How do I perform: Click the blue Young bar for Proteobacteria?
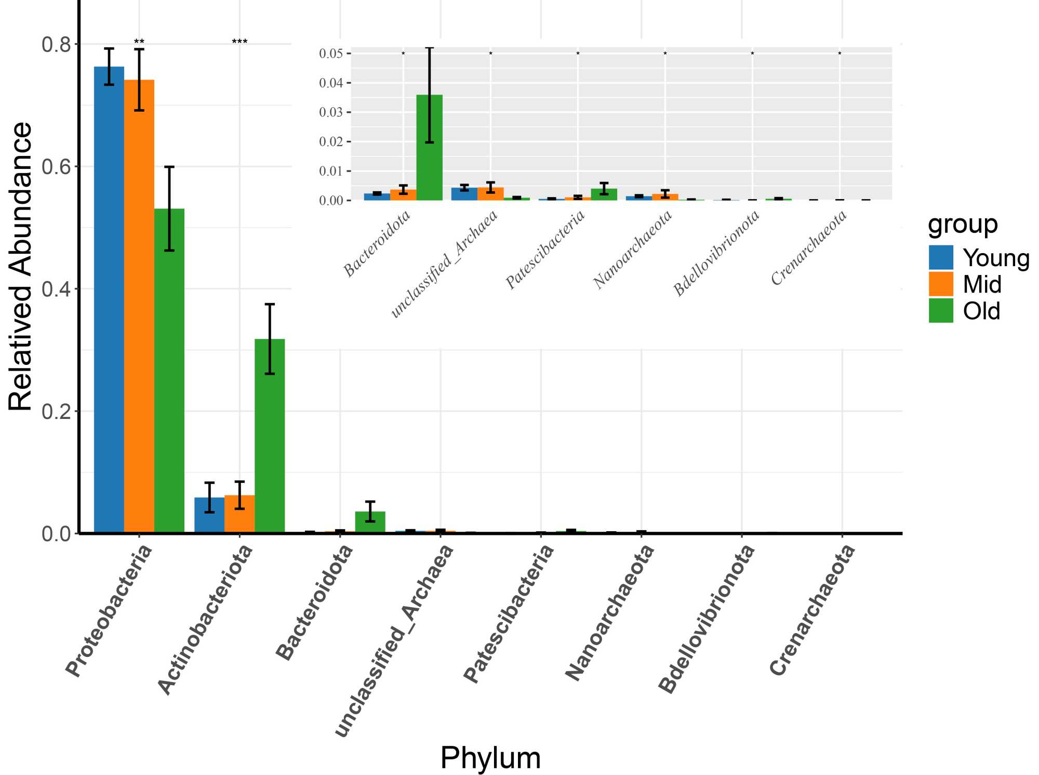pyautogui.click(x=109, y=299)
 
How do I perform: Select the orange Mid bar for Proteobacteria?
pyautogui.click(x=139, y=306)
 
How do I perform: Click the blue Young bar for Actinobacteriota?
pyautogui.click(x=209, y=515)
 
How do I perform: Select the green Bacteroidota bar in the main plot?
pyautogui.click(x=370, y=522)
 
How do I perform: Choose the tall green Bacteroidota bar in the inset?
pyautogui.click(x=430, y=148)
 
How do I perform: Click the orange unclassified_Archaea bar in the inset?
pyautogui.click(x=490, y=193)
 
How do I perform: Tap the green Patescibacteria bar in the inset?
pyautogui.click(x=604, y=194)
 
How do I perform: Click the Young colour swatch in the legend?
pyautogui.click(x=941, y=258)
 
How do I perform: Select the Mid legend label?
pyautogui.click(x=982, y=285)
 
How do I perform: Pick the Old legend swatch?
pyautogui.click(x=941, y=311)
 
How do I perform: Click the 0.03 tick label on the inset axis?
pyautogui.click(x=331, y=112)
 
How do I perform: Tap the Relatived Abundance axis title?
pyautogui.click(x=21, y=266)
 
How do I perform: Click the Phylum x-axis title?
pyautogui.click(x=490, y=757)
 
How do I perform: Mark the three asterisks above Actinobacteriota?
pyautogui.click(x=239, y=42)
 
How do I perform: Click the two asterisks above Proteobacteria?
pyautogui.click(x=139, y=42)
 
